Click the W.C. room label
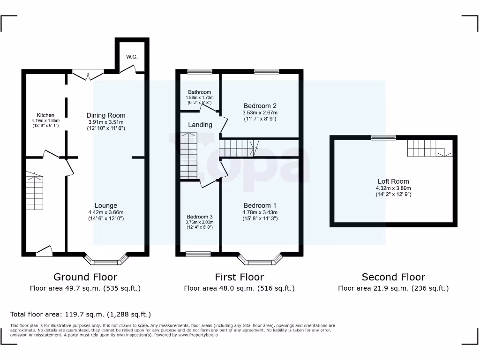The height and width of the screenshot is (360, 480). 132,57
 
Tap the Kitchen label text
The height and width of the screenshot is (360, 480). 45,115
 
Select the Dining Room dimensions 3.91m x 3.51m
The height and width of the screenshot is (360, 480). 105,122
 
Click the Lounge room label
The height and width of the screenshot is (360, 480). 106,205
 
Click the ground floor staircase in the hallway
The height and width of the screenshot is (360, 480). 34,192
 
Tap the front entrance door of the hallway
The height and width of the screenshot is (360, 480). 44,251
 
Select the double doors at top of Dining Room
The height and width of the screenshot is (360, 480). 88,75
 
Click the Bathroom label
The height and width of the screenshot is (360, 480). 200,92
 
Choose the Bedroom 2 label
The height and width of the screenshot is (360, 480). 260,105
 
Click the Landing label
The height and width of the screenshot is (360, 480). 200,125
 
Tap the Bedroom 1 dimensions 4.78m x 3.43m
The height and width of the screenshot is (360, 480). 260,212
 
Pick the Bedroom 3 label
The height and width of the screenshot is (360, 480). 199,217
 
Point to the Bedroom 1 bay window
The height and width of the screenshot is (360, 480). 260,261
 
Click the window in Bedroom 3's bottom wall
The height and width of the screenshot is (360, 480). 198,254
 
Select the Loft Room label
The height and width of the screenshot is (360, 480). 393,181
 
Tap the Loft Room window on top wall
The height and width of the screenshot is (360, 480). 383,137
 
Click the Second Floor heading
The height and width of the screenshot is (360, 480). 393,277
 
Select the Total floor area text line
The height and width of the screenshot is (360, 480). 81,314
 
